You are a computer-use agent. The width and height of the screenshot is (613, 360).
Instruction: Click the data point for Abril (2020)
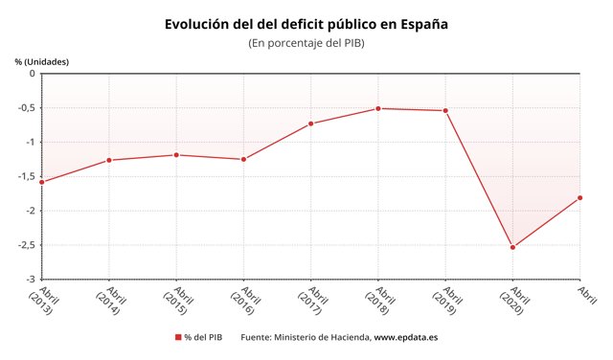click(513, 247)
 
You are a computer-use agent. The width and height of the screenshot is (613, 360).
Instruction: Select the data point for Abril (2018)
click(378, 108)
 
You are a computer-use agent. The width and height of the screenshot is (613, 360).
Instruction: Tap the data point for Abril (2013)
click(41, 181)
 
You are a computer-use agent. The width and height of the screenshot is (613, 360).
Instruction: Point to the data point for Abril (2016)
click(243, 159)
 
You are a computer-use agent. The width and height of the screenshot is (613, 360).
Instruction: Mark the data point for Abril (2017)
click(311, 124)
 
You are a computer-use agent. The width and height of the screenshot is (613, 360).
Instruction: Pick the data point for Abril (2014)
click(108, 160)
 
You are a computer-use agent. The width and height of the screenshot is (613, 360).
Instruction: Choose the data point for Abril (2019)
click(445, 110)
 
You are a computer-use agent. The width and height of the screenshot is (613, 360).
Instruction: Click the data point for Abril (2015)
click(176, 155)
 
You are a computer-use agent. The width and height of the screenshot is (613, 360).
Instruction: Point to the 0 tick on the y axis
click(31, 74)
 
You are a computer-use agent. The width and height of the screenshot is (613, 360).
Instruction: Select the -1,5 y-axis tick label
click(24, 176)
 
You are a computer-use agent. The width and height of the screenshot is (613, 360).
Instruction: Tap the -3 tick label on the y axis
click(29, 279)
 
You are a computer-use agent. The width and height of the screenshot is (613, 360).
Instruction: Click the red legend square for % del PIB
click(178, 337)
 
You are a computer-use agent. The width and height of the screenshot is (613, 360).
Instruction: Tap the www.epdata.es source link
click(405, 337)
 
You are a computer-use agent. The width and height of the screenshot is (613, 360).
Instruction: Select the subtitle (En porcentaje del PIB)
click(306, 43)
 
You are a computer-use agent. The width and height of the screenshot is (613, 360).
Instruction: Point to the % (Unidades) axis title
click(42, 61)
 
